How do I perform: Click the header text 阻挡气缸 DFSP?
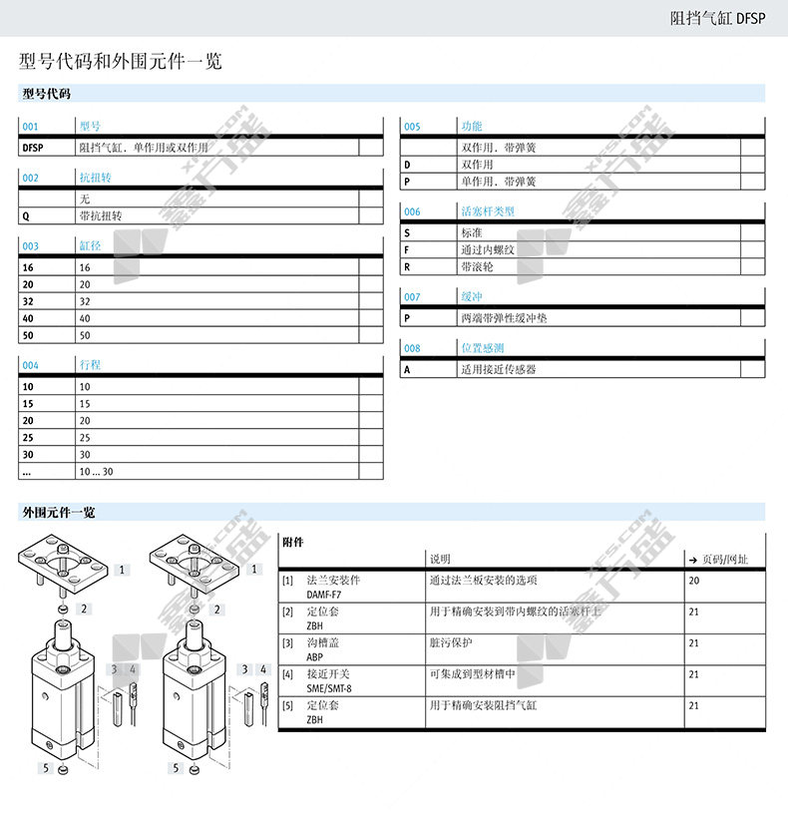(x=716, y=18)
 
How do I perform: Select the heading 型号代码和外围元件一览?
(x=121, y=62)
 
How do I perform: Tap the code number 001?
(x=30, y=127)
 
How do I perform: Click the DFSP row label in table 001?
(x=33, y=147)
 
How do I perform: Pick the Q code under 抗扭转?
(x=26, y=215)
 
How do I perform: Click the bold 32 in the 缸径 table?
(x=28, y=301)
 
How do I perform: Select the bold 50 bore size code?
(x=28, y=335)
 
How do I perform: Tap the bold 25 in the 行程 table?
(x=28, y=437)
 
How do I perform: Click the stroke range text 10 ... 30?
(x=97, y=471)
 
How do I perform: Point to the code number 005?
(x=412, y=127)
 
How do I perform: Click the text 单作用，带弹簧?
(x=498, y=182)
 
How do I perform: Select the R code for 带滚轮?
(x=407, y=267)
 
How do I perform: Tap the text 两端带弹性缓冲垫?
(x=503, y=318)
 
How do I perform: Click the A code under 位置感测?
(x=407, y=369)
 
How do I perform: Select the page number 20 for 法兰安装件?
(x=694, y=581)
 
